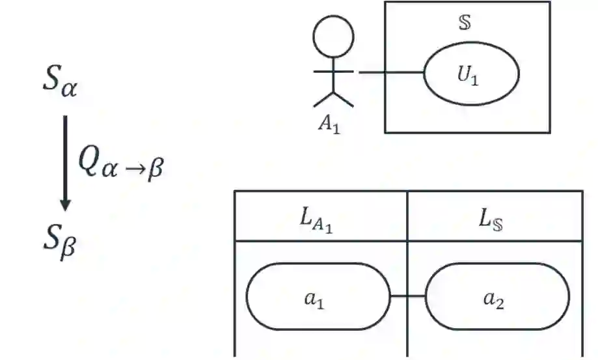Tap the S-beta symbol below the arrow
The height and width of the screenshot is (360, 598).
(x=59, y=243)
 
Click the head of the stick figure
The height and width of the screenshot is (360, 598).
(x=333, y=36)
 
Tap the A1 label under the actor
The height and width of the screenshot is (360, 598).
(x=329, y=124)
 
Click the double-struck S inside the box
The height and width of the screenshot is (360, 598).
(x=465, y=22)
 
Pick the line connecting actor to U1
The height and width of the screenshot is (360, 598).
(x=390, y=72)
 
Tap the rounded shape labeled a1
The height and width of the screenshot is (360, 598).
(x=317, y=297)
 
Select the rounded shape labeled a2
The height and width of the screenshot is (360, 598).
(x=497, y=297)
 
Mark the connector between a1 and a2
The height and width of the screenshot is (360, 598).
(x=407, y=297)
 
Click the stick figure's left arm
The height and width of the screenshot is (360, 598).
(x=323, y=70)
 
